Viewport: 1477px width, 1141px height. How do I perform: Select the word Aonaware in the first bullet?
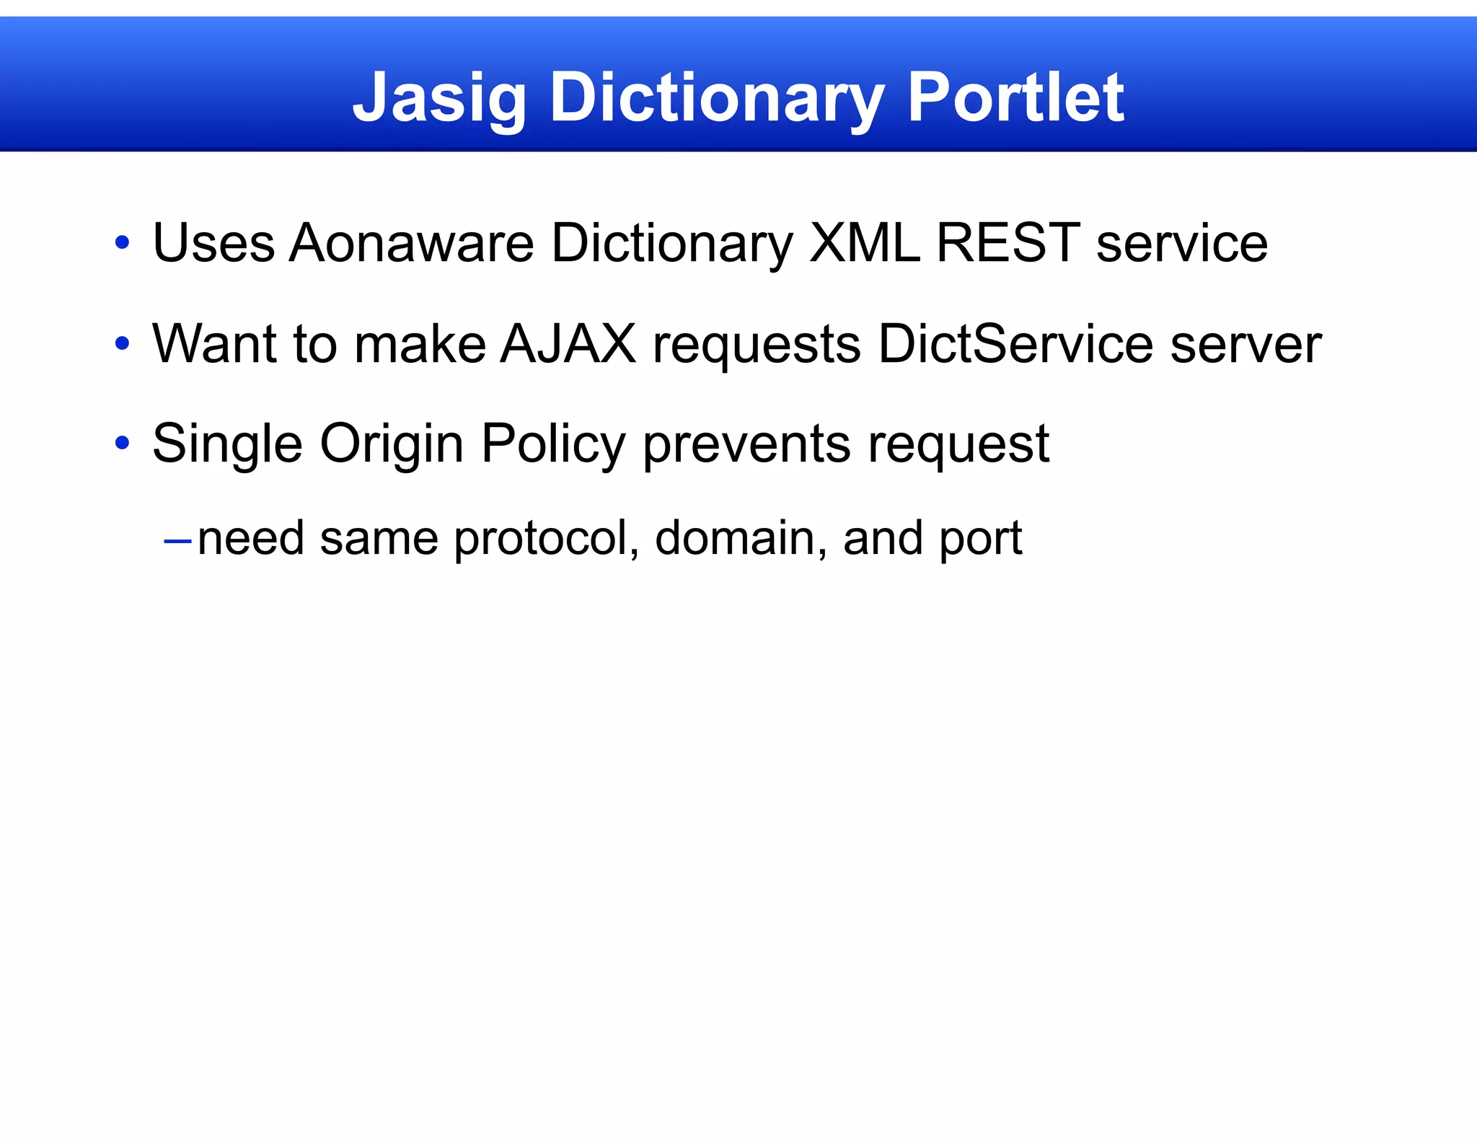[411, 243]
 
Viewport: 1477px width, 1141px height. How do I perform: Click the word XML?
[864, 243]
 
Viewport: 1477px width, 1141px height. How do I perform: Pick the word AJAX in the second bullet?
[568, 343]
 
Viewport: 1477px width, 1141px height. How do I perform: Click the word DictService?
[1015, 343]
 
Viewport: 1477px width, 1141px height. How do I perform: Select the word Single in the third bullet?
[227, 444]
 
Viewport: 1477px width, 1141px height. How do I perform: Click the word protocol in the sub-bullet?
[546, 539]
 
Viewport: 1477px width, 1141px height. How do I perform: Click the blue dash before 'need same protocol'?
[177, 539]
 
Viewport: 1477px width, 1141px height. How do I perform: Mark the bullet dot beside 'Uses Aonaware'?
[122, 243]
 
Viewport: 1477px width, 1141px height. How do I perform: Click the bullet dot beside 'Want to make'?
[122, 344]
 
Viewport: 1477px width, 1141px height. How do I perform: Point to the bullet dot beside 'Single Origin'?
[122, 444]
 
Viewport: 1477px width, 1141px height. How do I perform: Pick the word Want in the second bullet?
[214, 343]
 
